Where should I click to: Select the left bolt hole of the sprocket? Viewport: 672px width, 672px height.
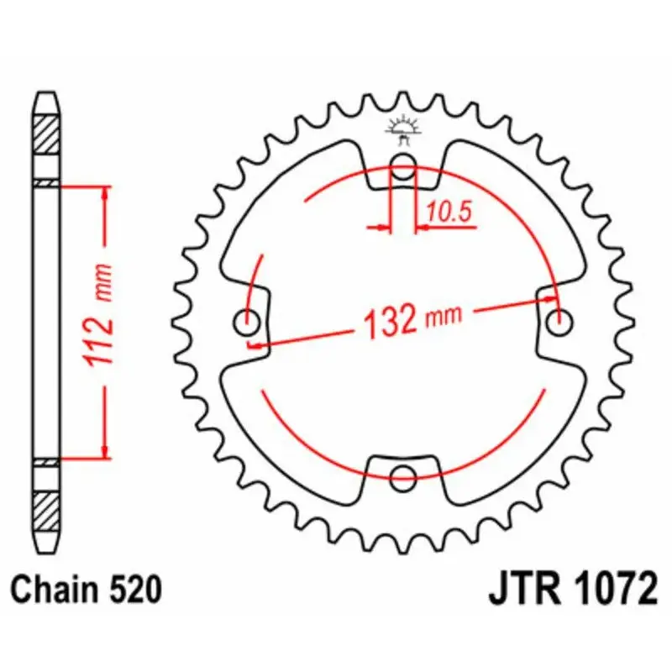pyautogui.click(x=249, y=319)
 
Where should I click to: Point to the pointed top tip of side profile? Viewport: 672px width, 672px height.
pyautogui.click(x=46, y=93)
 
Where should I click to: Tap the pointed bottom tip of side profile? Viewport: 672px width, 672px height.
pyautogui.click(x=46, y=547)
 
